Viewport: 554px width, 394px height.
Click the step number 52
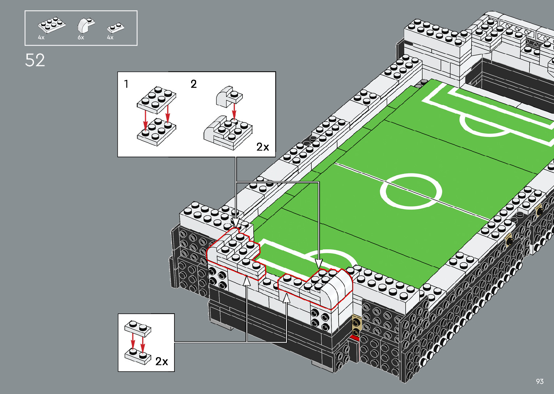35,60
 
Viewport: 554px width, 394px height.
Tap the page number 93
540,381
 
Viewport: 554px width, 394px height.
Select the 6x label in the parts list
81,38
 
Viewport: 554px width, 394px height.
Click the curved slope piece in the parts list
85,25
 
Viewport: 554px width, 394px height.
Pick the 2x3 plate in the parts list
52,25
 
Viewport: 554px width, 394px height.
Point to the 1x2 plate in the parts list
116,27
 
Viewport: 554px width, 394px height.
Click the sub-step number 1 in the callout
126,84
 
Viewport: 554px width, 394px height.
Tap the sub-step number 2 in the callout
194,84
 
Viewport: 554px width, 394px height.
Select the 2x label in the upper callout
263,147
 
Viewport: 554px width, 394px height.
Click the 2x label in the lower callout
161,361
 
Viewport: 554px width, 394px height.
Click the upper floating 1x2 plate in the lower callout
138,327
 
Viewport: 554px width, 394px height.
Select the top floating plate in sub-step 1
156,98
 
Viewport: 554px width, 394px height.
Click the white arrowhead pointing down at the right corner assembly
318,263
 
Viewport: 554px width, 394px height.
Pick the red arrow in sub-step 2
234,110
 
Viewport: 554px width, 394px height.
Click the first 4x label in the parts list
41,38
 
